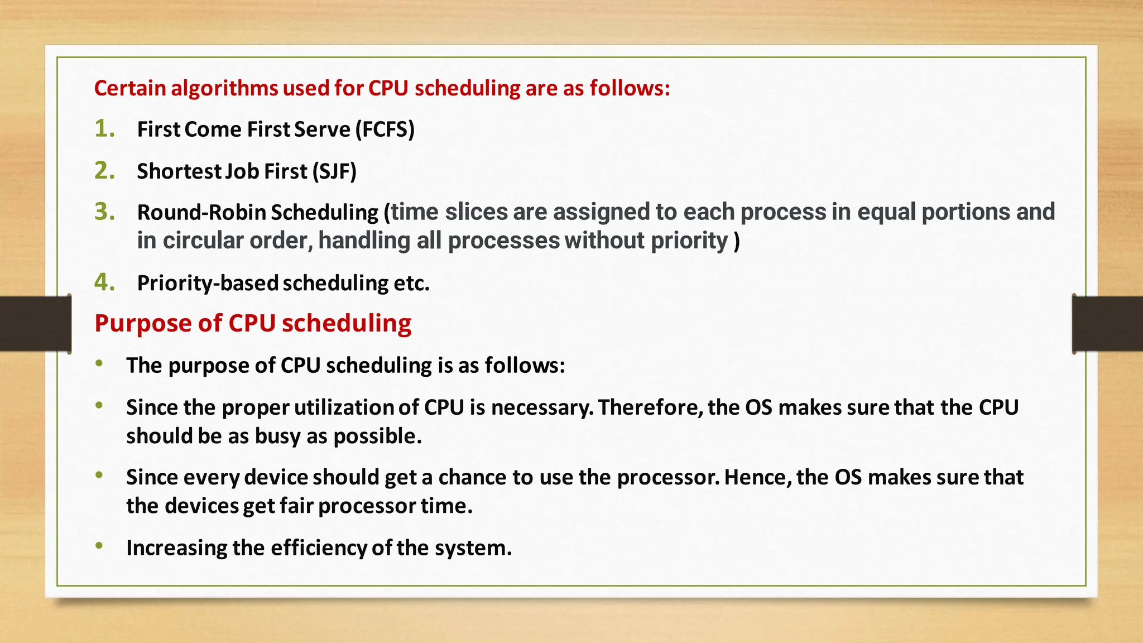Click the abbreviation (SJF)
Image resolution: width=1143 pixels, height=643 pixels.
tap(334, 171)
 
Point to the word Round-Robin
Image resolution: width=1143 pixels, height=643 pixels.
tap(201, 213)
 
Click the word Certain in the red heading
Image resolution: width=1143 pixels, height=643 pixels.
tap(130, 88)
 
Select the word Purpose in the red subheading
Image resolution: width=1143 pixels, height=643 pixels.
tap(143, 323)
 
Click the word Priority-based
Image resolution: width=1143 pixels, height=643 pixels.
tap(208, 284)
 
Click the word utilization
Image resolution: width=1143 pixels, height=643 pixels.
tap(344, 407)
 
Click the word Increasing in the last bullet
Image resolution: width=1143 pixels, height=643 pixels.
tap(176, 548)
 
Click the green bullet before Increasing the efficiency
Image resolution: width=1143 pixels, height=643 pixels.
tap(99, 545)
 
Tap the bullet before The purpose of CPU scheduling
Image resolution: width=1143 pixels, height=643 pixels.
tap(99, 363)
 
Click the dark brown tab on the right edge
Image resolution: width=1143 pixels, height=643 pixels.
tap(1107, 324)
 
